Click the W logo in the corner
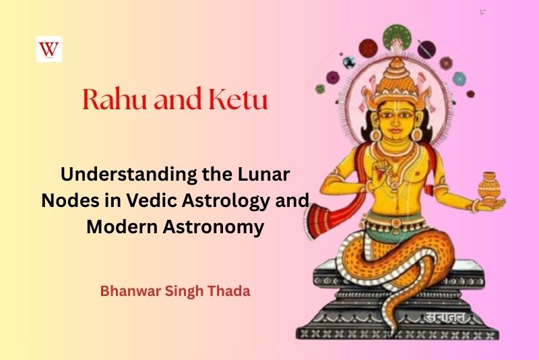click(x=49, y=49)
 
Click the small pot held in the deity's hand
click(x=488, y=185)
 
